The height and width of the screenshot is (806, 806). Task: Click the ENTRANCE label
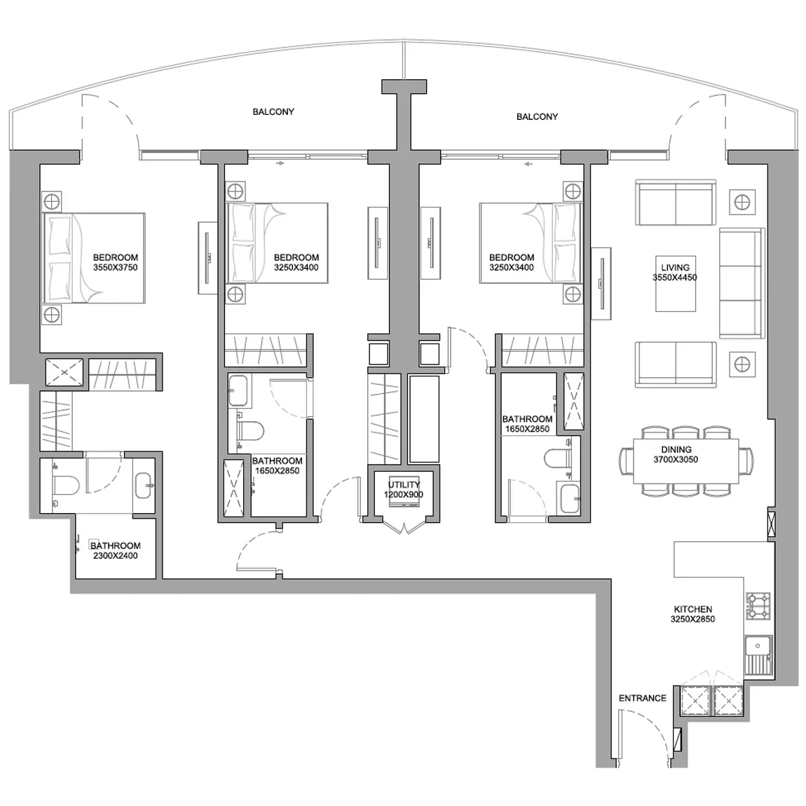pos(642,698)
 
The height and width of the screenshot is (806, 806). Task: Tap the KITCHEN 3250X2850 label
pos(692,614)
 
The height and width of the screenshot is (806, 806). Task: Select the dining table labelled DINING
pos(685,460)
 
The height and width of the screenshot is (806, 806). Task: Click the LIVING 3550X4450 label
pos(675,273)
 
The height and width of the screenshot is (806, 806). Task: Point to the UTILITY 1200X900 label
pos(404,489)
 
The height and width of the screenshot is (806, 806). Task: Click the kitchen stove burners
pos(758,606)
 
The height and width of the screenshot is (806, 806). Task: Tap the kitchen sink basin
pos(757,647)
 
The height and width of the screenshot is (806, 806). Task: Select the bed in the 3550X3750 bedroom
pos(94,258)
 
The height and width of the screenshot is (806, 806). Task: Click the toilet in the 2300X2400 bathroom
pos(65,485)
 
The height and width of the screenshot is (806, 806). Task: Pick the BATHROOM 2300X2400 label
pos(115,550)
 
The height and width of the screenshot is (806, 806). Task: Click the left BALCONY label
pos(273,111)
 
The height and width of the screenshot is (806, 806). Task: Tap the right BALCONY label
pos(537,116)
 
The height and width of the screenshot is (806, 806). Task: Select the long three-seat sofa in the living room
pos(742,283)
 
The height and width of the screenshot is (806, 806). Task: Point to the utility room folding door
pos(404,528)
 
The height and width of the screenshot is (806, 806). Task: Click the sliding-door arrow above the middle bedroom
pos(280,163)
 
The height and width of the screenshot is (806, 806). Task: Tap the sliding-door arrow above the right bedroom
pos(528,165)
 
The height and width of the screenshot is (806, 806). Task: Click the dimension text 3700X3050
pos(676,460)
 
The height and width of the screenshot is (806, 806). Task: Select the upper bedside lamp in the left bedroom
pos(52,202)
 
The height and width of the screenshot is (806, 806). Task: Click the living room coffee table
pos(676,284)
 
